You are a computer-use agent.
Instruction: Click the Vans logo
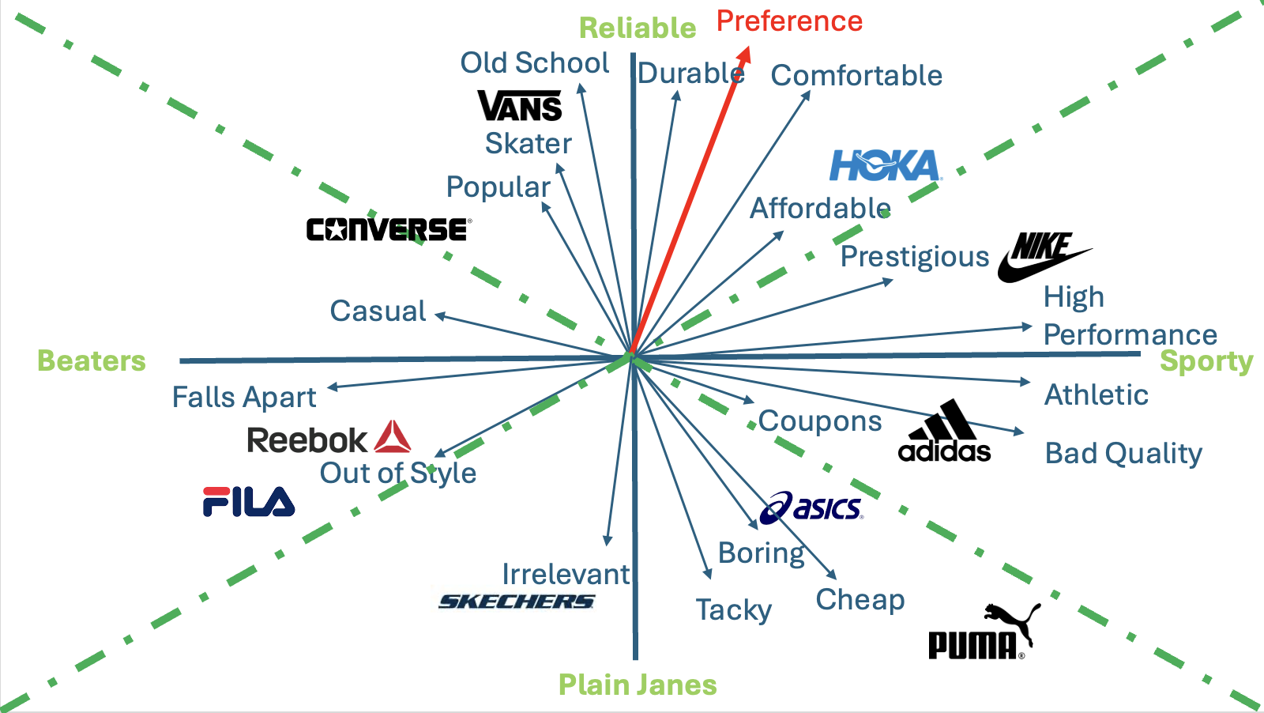(520, 106)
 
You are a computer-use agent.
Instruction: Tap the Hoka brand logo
(885, 166)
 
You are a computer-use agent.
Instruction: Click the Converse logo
(389, 229)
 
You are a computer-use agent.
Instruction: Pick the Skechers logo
(517, 602)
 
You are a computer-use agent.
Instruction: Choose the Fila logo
(249, 502)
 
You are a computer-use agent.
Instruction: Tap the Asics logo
(811, 507)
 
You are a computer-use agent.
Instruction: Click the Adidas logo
(945, 433)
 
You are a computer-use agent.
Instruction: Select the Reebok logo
(328, 439)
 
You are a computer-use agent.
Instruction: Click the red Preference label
(789, 21)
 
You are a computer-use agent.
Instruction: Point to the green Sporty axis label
(1206, 361)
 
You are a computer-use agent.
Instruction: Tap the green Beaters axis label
(92, 361)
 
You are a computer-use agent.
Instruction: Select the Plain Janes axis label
(638, 685)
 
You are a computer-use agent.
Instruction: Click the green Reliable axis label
(638, 28)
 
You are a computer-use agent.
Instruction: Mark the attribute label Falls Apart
(244, 397)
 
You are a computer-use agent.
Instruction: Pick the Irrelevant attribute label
(566, 574)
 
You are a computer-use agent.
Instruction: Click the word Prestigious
(915, 257)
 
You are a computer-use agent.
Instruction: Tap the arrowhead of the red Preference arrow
(745, 54)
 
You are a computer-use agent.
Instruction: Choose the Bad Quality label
(1123, 454)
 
